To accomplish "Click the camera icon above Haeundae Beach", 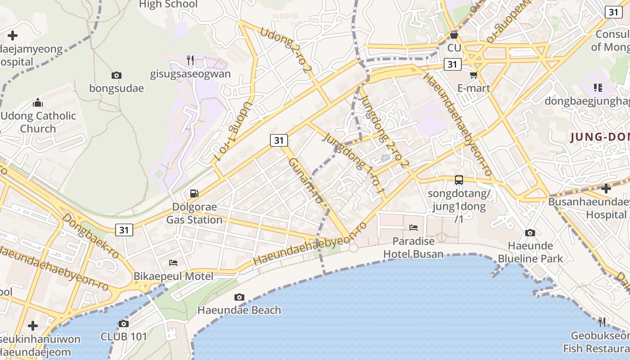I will (x=239, y=297).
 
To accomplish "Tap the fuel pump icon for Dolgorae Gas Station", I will (x=194, y=193).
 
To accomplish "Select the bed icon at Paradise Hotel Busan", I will (x=414, y=228).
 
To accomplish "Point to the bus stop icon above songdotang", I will (x=459, y=180).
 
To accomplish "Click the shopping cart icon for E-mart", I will (x=473, y=75).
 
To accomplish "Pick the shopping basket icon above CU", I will (x=454, y=35).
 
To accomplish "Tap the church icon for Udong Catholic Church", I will (x=38, y=103).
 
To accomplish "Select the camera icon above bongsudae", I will (x=117, y=75).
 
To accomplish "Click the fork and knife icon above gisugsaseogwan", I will (x=190, y=60).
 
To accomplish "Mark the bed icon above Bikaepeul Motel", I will (x=173, y=263).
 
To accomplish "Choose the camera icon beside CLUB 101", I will (x=123, y=324).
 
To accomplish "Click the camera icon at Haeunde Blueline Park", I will (x=530, y=233).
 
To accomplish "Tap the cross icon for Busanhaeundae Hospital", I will (x=606, y=188).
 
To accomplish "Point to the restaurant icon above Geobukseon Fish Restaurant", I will (x=602, y=322).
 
